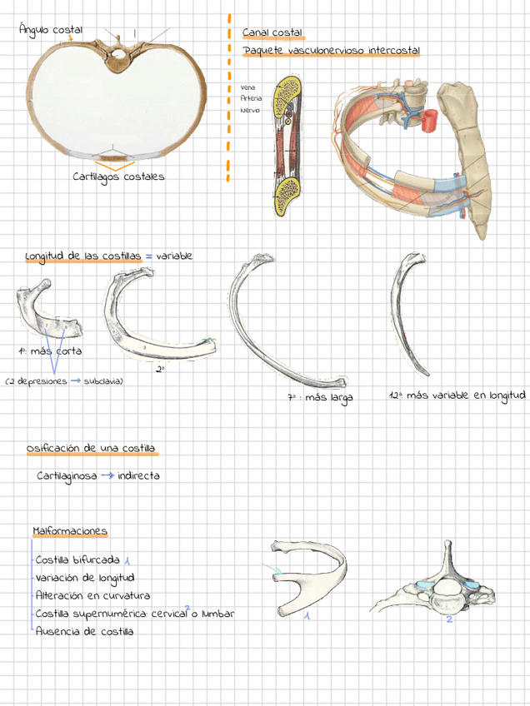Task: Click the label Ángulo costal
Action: pyautogui.click(x=50, y=30)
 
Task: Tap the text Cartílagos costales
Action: pyautogui.click(x=118, y=176)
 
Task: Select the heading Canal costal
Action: pyautogui.click(x=272, y=32)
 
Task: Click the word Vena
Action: pyautogui.click(x=247, y=87)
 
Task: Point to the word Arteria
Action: pyautogui.click(x=250, y=98)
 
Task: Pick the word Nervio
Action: pyautogui.click(x=250, y=110)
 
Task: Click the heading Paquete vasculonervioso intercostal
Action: pyautogui.click(x=332, y=52)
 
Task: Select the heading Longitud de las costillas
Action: pyautogui.click(x=83, y=256)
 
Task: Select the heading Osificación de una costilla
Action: pyautogui.click(x=91, y=449)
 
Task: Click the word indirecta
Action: pyautogui.click(x=138, y=476)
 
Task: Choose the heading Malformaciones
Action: pyautogui.click(x=70, y=531)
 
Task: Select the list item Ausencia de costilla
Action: pyautogui.click(x=84, y=632)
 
